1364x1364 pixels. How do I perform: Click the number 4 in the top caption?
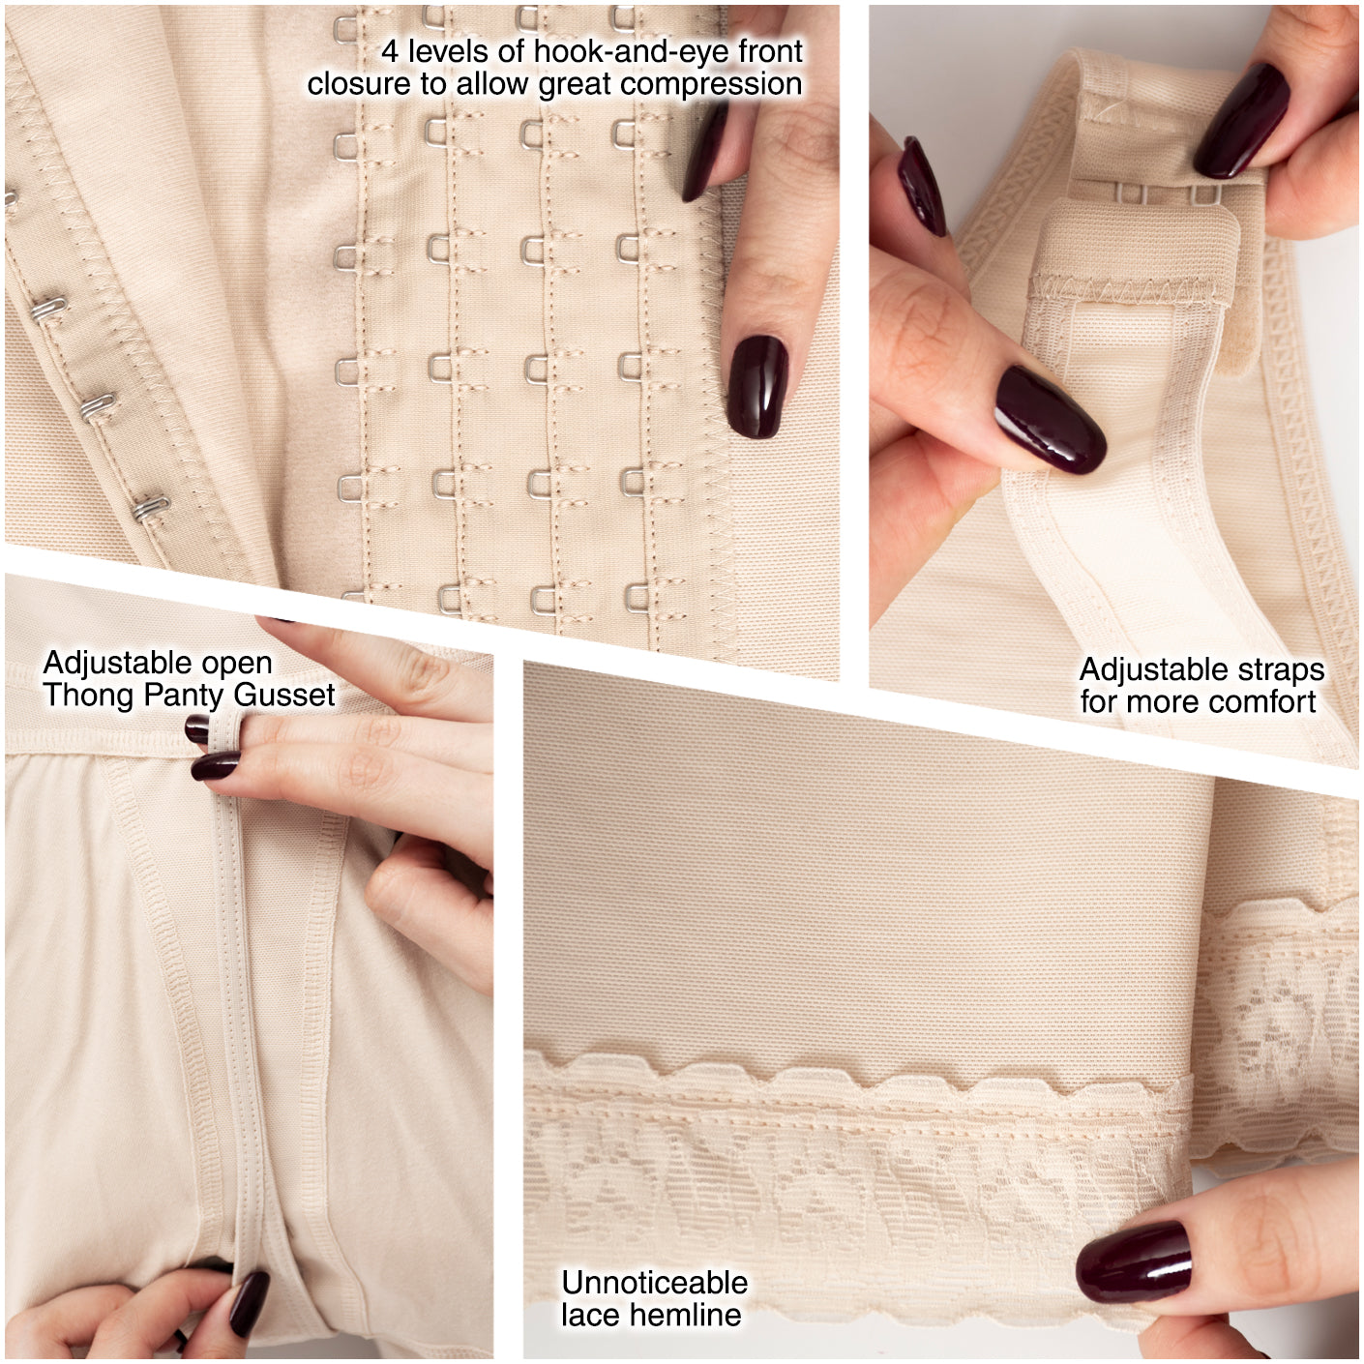point(390,51)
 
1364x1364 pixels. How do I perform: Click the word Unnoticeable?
point(654,1283)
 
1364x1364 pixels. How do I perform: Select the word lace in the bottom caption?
point(584,1315)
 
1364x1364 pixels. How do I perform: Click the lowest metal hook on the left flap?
point(151,507)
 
